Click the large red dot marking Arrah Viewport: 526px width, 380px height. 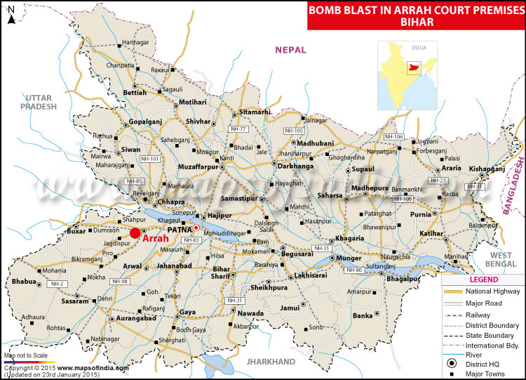click(135, 232)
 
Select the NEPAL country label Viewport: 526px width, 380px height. click(292, 49)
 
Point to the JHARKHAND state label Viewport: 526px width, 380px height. click(271, 361)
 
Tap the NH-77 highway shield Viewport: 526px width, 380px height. click(239, 129)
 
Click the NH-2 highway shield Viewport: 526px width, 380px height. click(58, 283)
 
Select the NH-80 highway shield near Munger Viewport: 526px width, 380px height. click(354, 270)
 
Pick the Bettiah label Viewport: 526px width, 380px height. click(135, 92)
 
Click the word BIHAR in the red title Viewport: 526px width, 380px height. click(415, 22)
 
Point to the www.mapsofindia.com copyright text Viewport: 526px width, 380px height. click(93, 367)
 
